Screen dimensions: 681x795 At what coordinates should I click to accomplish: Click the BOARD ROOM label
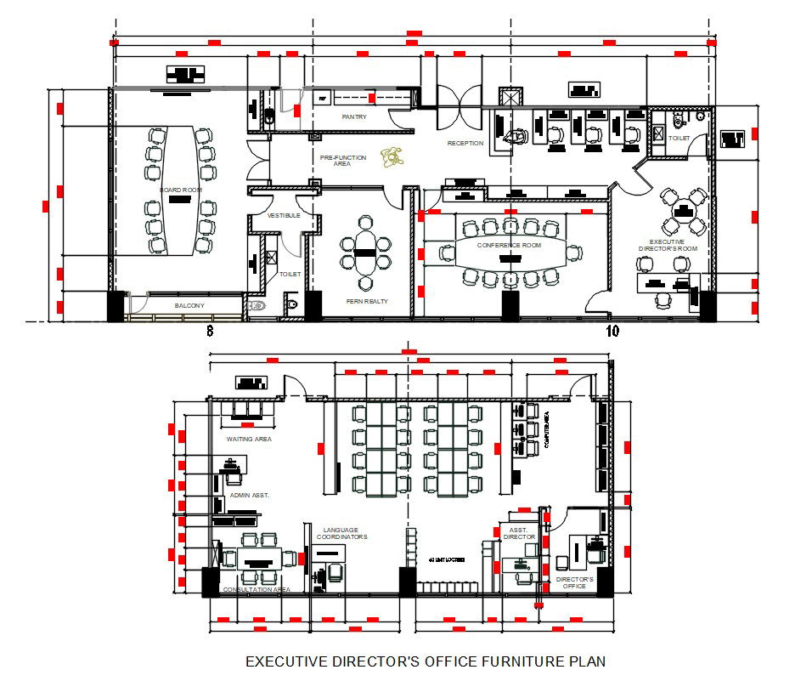point(180,190)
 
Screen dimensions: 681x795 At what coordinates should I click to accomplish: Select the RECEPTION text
point(465,143)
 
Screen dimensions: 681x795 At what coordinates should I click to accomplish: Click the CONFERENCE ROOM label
point(509,246)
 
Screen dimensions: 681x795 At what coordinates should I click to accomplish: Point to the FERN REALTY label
point(367,301)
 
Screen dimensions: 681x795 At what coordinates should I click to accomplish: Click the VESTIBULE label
point(285,216)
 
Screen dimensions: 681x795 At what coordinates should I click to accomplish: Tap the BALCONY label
point(189,304)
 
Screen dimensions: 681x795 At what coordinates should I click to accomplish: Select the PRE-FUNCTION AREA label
point(342,161)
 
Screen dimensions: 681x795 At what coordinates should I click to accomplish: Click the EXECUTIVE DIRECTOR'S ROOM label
point(668,245)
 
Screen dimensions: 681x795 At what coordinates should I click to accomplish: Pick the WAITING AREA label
point(248,440)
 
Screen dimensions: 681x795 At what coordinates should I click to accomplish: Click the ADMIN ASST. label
point(250,494)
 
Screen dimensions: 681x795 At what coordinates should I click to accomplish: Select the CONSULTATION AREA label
point(256,589)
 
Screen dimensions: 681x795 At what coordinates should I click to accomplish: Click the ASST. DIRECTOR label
point(520,533)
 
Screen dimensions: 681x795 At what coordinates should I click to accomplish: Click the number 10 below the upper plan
point(612,330)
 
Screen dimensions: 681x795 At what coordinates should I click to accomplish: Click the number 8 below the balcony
point(210,330)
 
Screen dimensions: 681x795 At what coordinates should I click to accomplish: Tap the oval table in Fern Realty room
point(366,253)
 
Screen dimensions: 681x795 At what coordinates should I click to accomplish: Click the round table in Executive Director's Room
point(684,212)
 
